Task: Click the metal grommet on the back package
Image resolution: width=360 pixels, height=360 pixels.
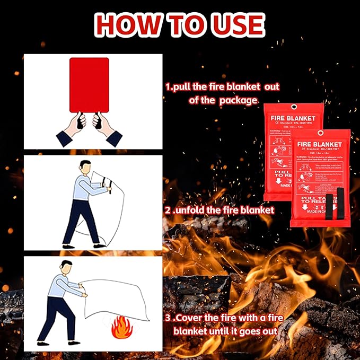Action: coord(291,109)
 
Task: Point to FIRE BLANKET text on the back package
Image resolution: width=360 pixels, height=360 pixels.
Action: coord(293,118)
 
